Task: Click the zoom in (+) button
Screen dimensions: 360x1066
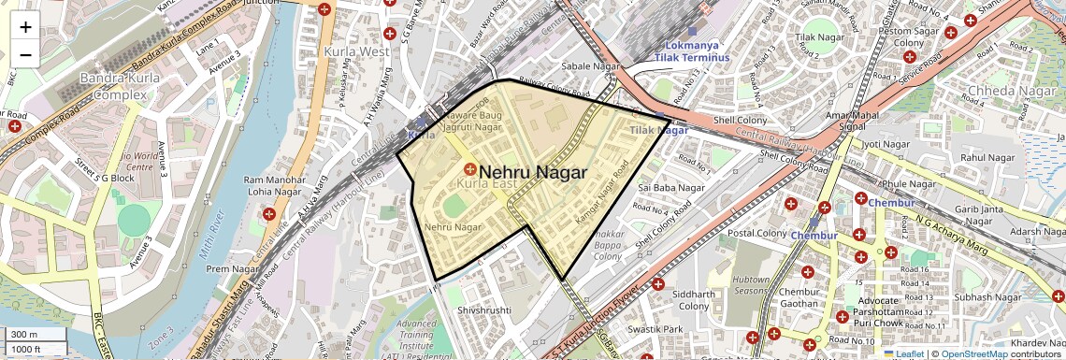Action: tap(25, 26)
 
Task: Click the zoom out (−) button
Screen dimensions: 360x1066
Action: tap(25, 54)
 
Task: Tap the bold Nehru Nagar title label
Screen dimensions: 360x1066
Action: tap(532, 173)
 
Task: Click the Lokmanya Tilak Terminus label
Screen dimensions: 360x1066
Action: tap(696, 51)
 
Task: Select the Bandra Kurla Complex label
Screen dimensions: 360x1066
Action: tap(113, 86)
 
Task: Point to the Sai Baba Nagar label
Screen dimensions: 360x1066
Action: tap(670, 188)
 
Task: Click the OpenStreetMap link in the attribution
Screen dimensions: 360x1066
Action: tap(974, 353)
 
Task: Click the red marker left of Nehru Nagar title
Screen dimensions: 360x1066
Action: tap(469, 169)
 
